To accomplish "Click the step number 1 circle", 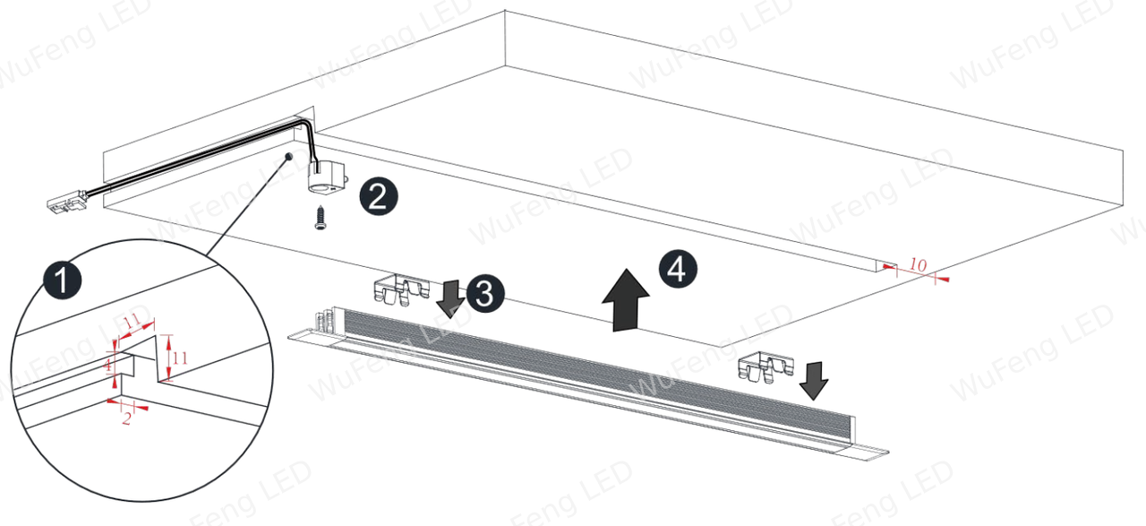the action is click(62, 280).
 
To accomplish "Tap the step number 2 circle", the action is click(379, 196).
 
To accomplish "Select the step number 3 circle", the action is click(484, 294).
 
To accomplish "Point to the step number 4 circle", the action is click(678, 270).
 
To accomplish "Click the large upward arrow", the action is click(626, 300).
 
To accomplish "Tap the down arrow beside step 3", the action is click(450, 299).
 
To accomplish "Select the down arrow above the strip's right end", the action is click(814, 381).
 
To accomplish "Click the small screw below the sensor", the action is click(321, 217).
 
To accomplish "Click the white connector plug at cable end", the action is click(68, 202).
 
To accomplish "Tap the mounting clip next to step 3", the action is click(401, 290).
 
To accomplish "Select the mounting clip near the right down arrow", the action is click(765, 366).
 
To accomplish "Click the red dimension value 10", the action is click(918, 265).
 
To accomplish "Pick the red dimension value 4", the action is click(107, 366).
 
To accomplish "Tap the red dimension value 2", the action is click(126, 418).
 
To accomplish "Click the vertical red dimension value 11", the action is click(180, 358).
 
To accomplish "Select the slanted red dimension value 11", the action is click(132, 323).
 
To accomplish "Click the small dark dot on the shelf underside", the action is click(288, 155).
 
